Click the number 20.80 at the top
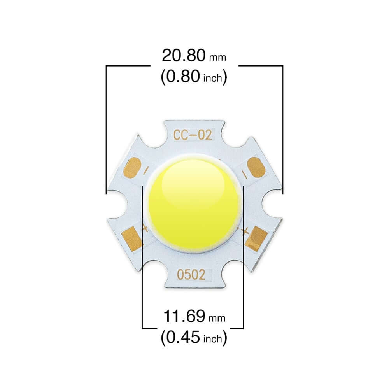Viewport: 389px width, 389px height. coord(184,55)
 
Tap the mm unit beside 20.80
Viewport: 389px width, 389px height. coord(217,58)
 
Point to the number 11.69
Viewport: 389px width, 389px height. coord(184,316)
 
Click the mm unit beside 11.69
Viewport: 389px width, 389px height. coord(217,319)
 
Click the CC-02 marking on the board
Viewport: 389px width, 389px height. coord(193,135)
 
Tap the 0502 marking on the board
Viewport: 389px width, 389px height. coord(191,275)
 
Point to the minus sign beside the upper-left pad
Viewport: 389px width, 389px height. coord(146,170)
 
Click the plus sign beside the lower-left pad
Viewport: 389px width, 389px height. coord(145,228)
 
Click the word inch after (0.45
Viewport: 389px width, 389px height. coord(214,339)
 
